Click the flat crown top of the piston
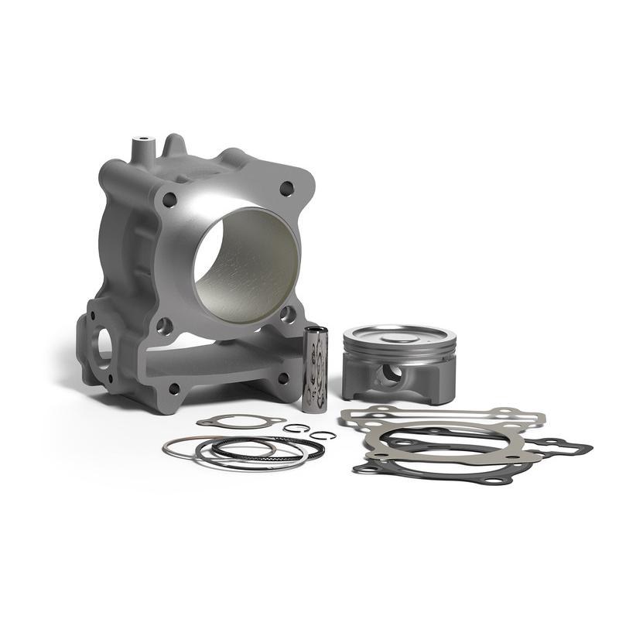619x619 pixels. click(398, 336)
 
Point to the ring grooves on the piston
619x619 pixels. click(399, 354)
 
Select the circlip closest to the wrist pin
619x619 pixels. click(296, 428)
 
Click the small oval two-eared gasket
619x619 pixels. click(241, 422)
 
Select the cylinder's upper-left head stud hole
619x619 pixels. click(169, 200)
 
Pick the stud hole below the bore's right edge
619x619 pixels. click(287, 314)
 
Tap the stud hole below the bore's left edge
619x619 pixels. click(163, 326)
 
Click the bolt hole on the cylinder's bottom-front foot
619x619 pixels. click(173, 388)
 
